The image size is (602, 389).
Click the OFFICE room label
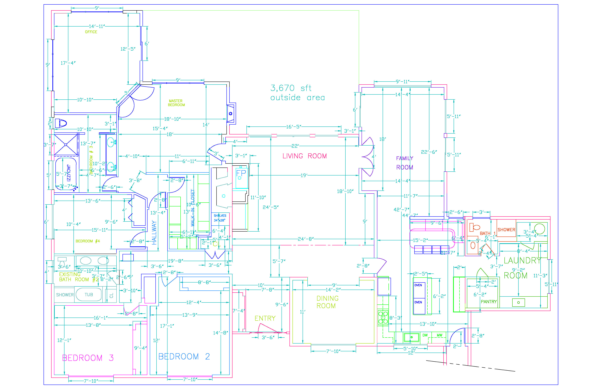pyautogui.click(x=91, y=32)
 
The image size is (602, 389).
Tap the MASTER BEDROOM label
pyautogui.click(x=176, y=103)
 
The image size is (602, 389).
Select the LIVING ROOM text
pyautogui.click(x=304, y=156)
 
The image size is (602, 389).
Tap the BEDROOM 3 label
pyautogui.click(x=88, y=358)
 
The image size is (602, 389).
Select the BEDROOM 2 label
pyautogui.click(x=184, y=356)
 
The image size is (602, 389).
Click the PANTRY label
pyautogui.click(x=489, y=302)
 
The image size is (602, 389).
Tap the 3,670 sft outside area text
pyautogui.click(x=297, y=93)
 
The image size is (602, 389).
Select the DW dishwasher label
pyautogui.click(x=425, y=335)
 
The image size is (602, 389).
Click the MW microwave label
pyautogui.click(x=439, y=335)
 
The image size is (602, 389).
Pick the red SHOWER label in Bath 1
pyautogui.click(x=506, y=230)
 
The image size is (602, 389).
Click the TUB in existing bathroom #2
pyautogui.click(x=89, y=295)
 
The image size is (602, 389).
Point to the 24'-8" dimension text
pyautogui.click(x=306, y=239)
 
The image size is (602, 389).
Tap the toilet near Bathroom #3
pyautogui.click(x=61, y=123)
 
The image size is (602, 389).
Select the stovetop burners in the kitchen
pyautogui.click(x=383, y=318)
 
